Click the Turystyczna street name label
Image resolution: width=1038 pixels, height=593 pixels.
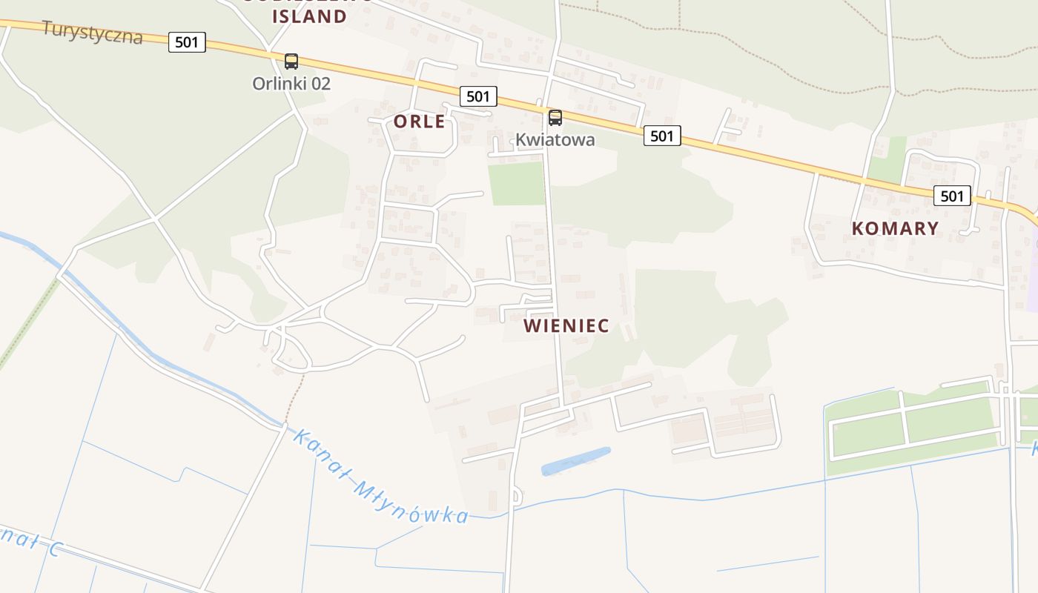coord(92,32)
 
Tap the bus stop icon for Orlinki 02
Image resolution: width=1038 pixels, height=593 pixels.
coord(291,62)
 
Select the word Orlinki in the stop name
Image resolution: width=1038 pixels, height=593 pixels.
coord(278,83)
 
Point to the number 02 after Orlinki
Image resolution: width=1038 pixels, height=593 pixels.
coord(320,83)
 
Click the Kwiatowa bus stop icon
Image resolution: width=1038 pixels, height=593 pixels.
coord(555,118)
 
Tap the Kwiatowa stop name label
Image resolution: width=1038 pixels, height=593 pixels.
coord(555,139)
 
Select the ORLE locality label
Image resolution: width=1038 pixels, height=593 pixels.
coord(420,122)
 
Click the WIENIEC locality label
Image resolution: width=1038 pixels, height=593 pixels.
coord(566,325)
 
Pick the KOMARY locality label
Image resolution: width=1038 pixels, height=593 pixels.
coord(895,228)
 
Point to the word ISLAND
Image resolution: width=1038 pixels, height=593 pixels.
coord(310,16)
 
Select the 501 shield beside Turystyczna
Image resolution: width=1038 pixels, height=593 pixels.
coord(187,42)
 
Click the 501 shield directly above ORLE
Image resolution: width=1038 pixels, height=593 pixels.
coord(478,96)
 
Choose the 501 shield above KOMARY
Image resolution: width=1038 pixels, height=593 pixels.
coord(951,196)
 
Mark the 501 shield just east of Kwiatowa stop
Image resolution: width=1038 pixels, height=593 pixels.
coord(661,136)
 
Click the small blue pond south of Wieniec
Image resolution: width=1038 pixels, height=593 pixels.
coord(575,461)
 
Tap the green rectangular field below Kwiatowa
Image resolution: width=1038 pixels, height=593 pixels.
coord(517,183)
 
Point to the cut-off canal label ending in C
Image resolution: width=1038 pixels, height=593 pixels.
coord(30,540)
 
